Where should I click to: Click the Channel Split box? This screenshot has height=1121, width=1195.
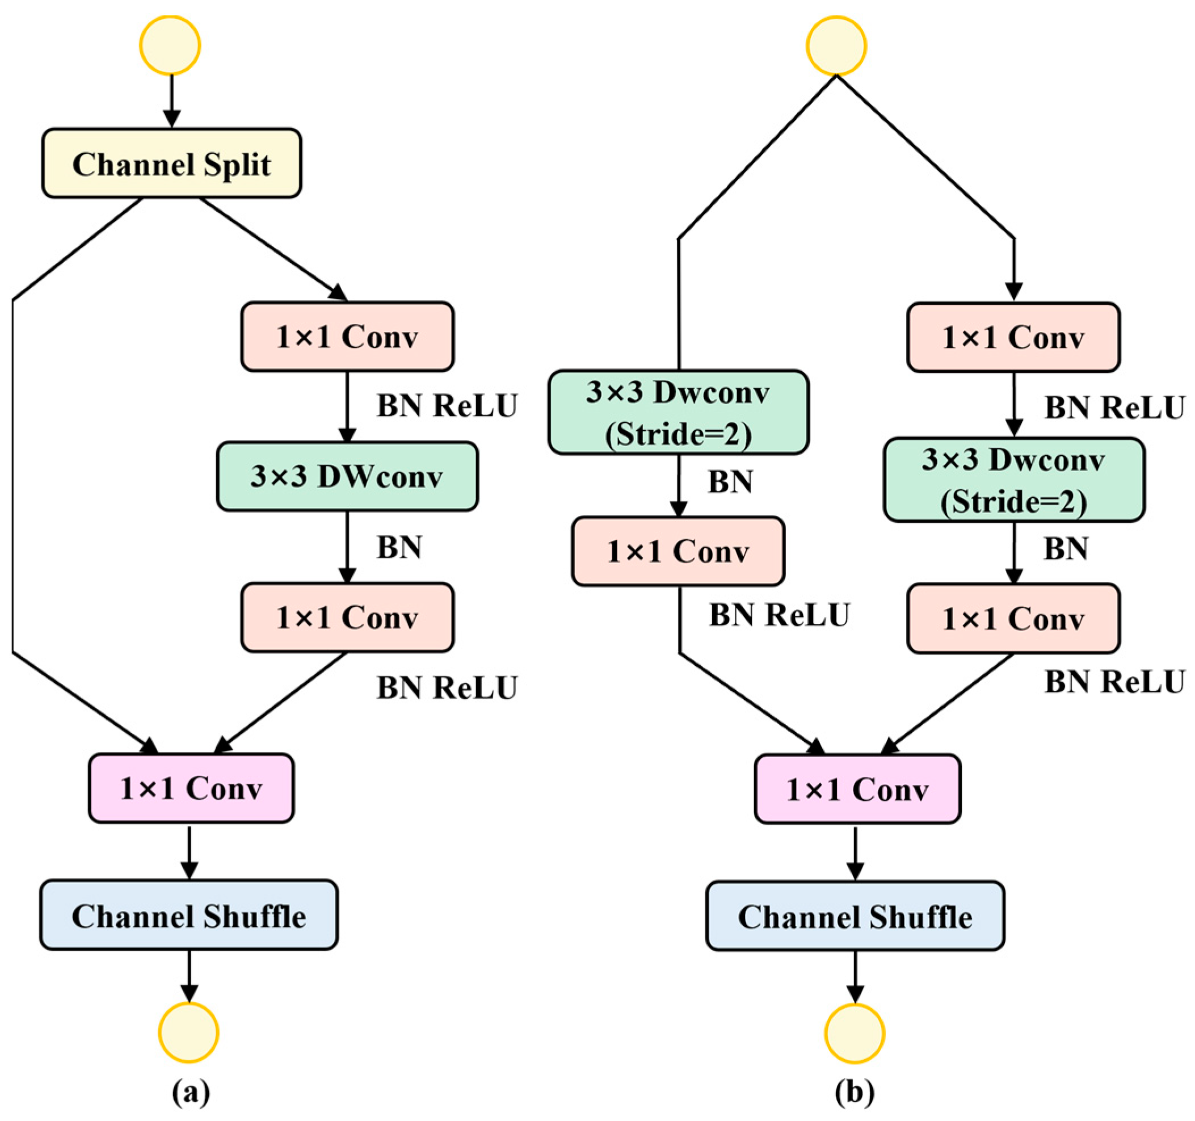171,163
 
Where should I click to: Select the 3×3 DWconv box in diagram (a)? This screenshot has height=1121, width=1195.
347,476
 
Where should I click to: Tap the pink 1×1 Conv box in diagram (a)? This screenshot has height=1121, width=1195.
191,788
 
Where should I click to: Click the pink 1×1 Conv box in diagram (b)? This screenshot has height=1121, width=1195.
857,789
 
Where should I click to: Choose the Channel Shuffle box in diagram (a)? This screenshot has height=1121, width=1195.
189,916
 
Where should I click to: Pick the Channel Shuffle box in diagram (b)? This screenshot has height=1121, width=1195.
855,917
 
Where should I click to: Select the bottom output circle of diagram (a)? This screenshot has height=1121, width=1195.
189,1032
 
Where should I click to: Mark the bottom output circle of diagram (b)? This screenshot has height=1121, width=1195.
854,1033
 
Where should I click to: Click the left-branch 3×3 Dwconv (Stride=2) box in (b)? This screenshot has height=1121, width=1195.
678,413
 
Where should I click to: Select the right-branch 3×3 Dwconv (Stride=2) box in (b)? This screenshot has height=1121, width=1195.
1013,480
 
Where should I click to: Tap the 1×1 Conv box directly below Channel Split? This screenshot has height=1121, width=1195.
347,336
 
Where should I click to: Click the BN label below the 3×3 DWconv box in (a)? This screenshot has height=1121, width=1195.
399,547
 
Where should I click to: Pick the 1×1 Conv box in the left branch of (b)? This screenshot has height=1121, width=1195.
678,551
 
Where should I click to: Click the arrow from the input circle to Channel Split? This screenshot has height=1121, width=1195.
172,100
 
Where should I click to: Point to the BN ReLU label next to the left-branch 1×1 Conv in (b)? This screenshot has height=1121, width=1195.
779,615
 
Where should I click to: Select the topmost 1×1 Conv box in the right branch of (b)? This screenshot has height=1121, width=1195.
1013,337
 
